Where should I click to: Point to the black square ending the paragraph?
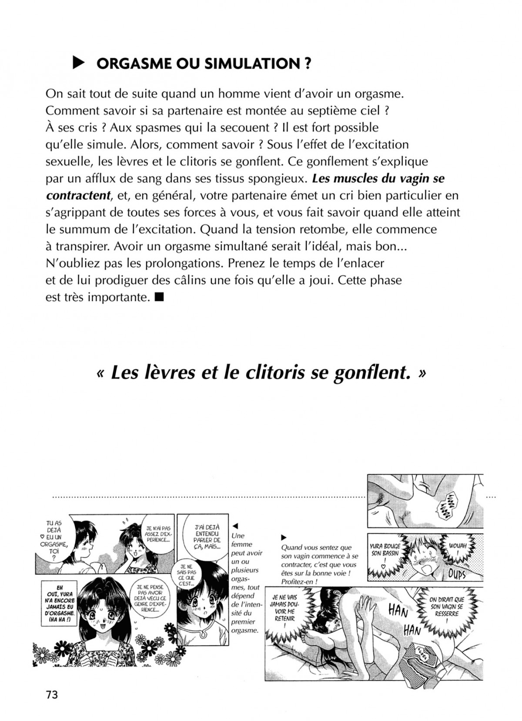(x=158, y=298)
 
